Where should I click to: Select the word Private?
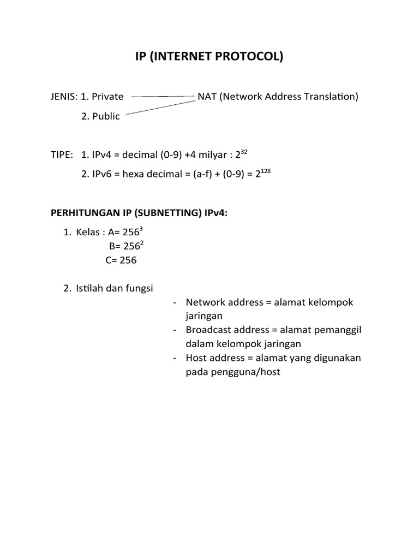(x=107, y=97)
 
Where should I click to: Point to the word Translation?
(x=332, y=97)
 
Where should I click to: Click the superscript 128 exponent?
(x=265, y=171)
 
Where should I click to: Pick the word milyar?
(x=214, y=155)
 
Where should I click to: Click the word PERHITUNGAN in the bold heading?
(x=83, y=213)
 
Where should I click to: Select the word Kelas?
(x=88, y=233)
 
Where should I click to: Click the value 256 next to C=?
(x=128, y=260)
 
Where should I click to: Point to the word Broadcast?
(x=208, y=330)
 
